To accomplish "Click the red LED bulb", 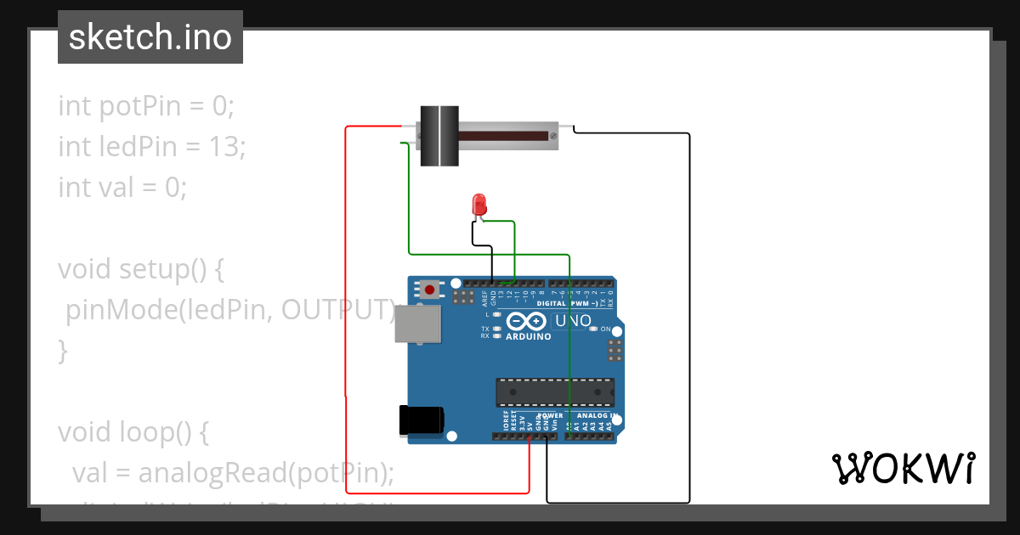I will [x=479, y=204].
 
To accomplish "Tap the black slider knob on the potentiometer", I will [x=440, y=135].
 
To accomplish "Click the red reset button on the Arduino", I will [x=430, y=290].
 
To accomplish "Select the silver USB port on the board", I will [x=418, y=324].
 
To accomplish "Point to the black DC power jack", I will [x=422, y=420].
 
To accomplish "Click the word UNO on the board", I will [x=572, y=321].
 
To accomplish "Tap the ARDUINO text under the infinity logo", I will [x=529, y=336].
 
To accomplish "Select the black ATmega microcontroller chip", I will [x=555, y=391].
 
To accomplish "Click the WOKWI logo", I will [x=903, y=468].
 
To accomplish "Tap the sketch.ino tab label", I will [x=150, y=37].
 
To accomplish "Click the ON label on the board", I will [x=605, y=329].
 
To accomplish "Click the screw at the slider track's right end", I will [x=553, y=135].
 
